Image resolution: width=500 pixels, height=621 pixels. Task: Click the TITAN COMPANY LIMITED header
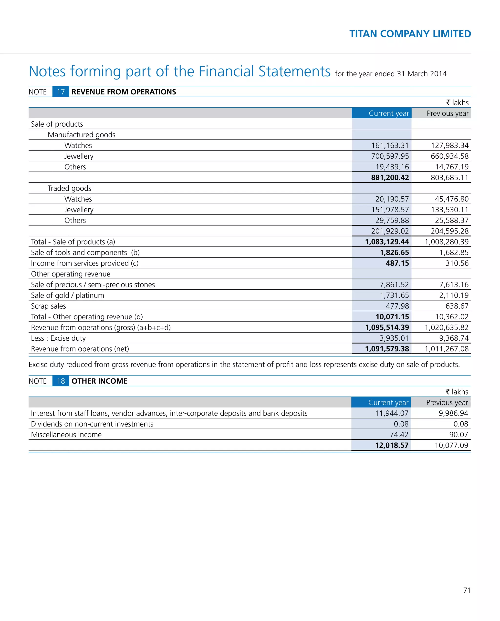tap(410, 34)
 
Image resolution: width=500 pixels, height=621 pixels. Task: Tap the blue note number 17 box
tap(61, 92)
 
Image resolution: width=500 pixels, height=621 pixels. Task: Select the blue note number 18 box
tap(61, 381)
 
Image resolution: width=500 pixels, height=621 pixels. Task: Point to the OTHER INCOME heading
tap(99, 381)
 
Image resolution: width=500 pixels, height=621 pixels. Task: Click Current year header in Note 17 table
tap(388, 113)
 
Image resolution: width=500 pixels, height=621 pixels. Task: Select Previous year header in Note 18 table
tap(447, 403)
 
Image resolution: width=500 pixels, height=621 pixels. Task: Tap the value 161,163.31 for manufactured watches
tap(390, 145)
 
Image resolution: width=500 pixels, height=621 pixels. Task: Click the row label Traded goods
tap(69, 188)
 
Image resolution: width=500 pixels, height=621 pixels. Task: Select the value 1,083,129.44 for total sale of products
tap(387, 242)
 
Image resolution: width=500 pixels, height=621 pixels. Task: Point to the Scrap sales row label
tap(48, 306)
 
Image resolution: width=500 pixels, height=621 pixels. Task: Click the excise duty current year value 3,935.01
tap(394, 338)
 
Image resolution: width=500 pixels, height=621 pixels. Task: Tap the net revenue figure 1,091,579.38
tap(387, 349)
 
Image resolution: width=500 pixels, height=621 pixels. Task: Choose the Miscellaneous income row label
tap(66, 435)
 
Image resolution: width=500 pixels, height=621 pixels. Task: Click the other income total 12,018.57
tap(391, 446)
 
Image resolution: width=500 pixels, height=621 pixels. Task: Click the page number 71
tap(467, 590)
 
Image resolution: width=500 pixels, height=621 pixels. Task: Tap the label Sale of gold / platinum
tap(67, 295)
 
